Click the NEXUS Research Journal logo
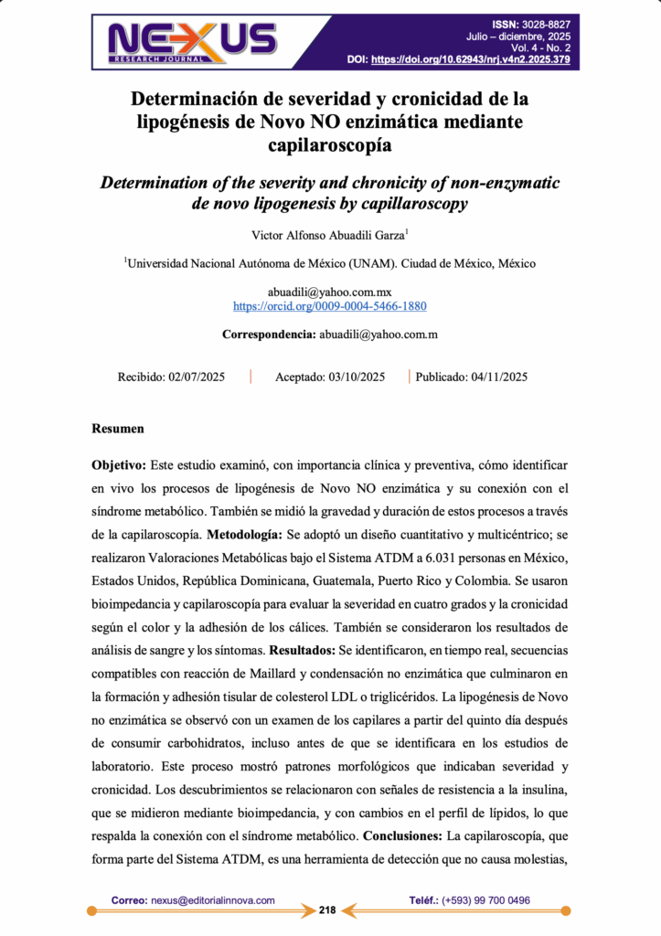(x=192, y=40)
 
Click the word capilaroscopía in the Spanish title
(x=330, y=143)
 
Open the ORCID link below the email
(x=330, y=306)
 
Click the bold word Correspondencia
(x=269, y=335)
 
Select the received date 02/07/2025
(x=197, y=377)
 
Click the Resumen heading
(x=118, y=428)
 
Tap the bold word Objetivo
(x=120, y=466)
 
